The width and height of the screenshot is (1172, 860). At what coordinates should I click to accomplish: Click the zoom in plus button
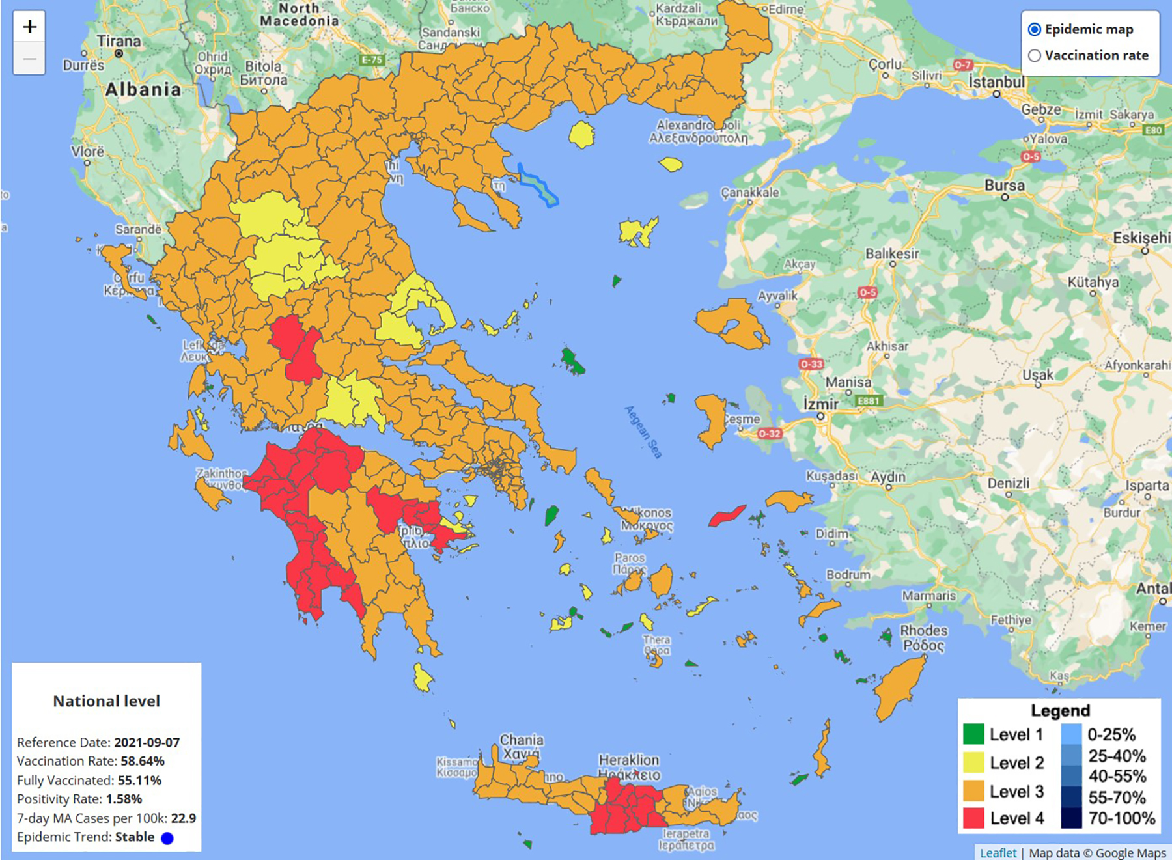[x=29, y=27]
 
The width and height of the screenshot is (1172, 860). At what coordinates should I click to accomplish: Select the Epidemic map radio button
[x=1035, y=29]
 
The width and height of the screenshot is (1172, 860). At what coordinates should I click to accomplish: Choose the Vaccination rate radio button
[x=1035, y=56]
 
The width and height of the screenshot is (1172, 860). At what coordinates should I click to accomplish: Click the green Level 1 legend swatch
[x=973, y=734]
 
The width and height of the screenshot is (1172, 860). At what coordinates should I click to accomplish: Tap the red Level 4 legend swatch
[x=973, y=818]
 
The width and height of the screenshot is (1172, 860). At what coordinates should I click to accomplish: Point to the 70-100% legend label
[x=1121, y=818]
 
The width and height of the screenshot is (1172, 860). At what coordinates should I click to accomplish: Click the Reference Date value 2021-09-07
[x=146, y=742]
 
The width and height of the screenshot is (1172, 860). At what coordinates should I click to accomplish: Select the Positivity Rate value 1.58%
[x=124, y=799]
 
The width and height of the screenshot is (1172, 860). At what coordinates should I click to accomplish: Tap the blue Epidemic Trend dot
[x=167, y=838]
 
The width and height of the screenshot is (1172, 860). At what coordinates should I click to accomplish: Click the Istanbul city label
[x=996, y=82]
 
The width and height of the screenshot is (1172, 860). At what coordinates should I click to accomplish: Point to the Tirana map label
[x=119, y=41]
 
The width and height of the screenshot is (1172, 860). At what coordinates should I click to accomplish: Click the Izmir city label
[x=820, y=404]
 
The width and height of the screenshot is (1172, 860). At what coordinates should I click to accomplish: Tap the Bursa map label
[x=1004, y=186]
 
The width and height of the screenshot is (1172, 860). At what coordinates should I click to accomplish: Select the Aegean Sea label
[x=643, y=431]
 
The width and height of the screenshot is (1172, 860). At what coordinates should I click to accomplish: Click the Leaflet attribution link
[x=998, y=853]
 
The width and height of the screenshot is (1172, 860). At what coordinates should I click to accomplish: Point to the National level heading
[x=106, y=701]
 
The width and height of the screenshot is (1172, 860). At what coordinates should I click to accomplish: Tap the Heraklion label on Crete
[x=628, y=760]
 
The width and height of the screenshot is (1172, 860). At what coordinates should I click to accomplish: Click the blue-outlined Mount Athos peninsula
[x=538, y=185]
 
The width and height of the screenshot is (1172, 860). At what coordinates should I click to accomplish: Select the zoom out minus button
[x=29, y=59]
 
